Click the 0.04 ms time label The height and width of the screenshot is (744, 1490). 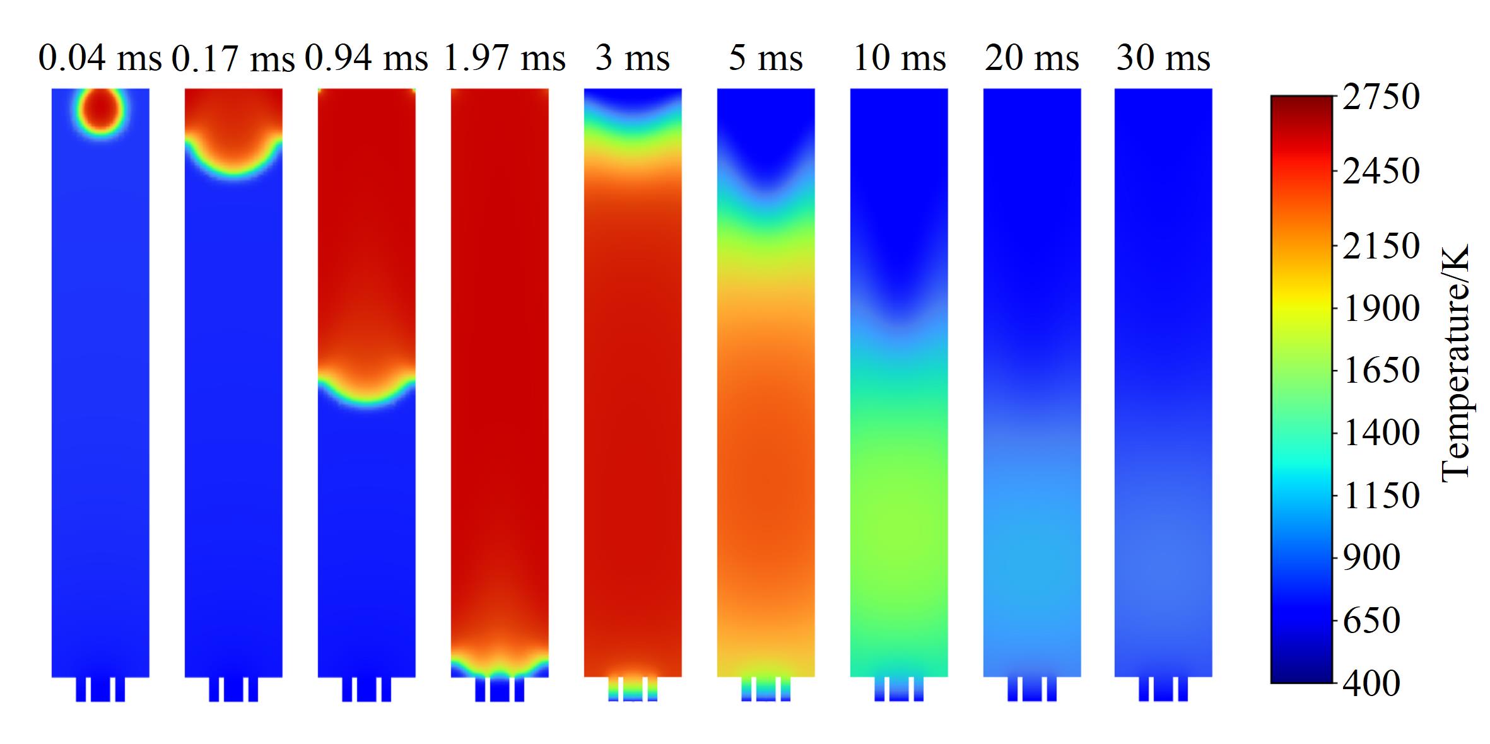(x=100, y=59)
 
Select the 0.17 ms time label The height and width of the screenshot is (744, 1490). (x=233, y=59)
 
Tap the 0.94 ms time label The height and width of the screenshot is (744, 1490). (x=367, y=59)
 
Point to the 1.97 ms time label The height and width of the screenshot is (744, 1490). (x=504, y=59)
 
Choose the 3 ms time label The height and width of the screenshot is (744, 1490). (x=633, y=59)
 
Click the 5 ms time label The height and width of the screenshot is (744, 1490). (x=766, y=59)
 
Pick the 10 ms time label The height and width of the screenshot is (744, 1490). (x=900, y=59)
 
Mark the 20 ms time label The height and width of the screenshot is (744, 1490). (x=1032, y=59)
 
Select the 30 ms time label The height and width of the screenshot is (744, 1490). (x=1163, y=59)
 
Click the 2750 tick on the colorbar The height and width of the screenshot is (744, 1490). (x=1381, y=97)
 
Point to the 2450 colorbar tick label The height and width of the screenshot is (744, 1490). (x=1381, y=171)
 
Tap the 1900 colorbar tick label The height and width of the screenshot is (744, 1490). (x=1381, y=309)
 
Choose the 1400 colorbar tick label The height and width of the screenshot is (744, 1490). (x=1381, y=433)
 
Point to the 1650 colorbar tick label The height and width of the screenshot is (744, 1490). (x=1381, y=371)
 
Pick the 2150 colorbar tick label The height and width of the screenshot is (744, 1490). (x=1381, y=246)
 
